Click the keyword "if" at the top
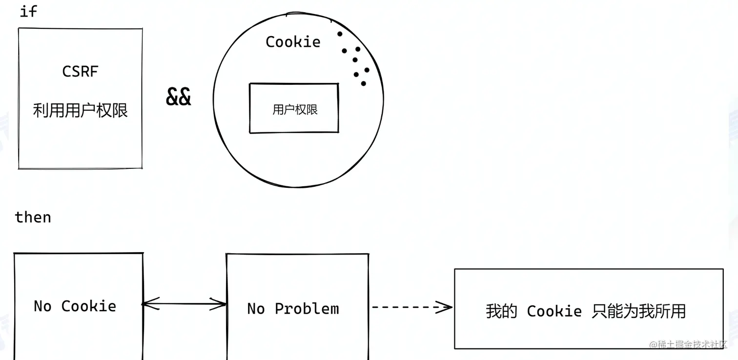click(x=28, y=11)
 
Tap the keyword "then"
click(x=33, y=217)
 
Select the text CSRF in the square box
click(x=80, y=72)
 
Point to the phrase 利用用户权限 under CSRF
click(x=80, y=110)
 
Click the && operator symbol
click(x=179, y=97)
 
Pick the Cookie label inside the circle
click(x=293, y=42)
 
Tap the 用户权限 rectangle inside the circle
click(x=294, y=108)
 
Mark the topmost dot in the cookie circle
click(x=339, y=34)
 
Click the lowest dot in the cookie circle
click(x=363, y=83)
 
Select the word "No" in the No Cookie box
click(x=42, y=306)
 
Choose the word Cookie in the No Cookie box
click(x=89, y=306)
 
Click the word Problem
click(x=307, y=309)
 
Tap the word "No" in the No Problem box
click(x=256, y=309)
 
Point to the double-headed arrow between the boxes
click(x=184, y=304)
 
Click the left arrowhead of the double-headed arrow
click(x=146, y=304)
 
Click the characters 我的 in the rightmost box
click(x=501, y=311)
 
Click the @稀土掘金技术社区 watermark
click(x=688, y=344)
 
